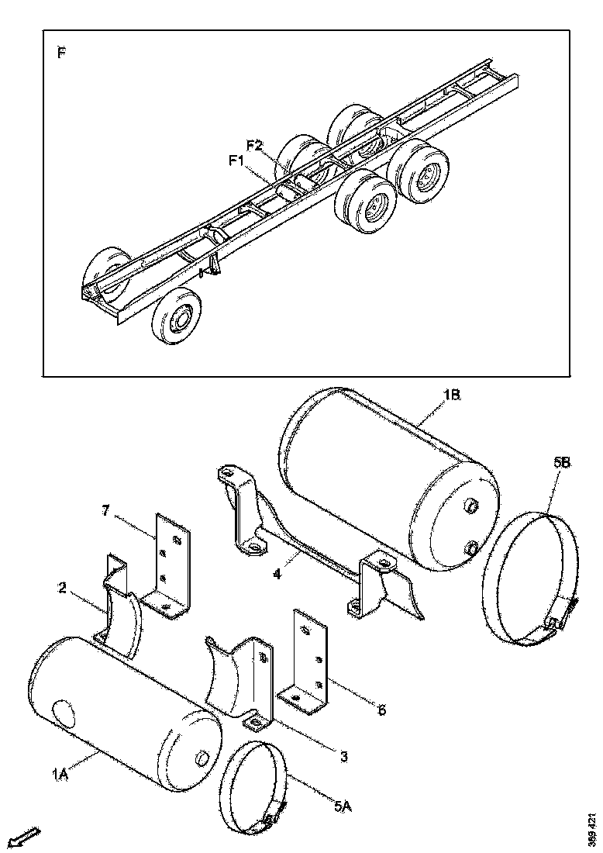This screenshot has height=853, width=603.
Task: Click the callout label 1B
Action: (x=453, y=395)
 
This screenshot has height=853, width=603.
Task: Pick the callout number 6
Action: (x=381, y=709)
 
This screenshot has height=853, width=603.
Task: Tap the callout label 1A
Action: (x=60, y=772)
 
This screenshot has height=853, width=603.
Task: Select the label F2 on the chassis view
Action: (x=256, y=145)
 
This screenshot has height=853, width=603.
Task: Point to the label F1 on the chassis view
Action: (x=237, y=161)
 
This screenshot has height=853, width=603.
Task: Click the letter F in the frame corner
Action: (x=61, y=53)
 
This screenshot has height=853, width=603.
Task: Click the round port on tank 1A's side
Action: (x=61, y=711)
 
